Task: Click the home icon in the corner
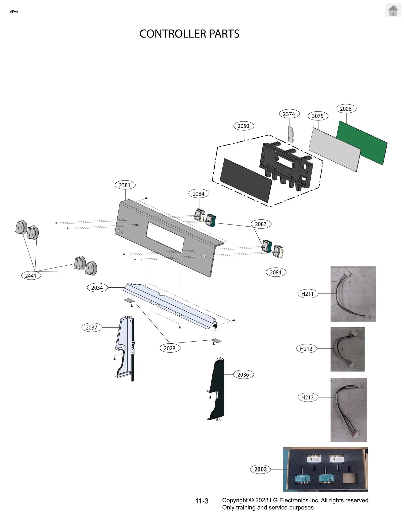click(x=393, y=11)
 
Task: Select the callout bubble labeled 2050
click(x=243, y=126)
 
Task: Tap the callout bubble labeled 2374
click(x=289, y=114)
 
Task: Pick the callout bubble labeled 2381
click(x=125, y=185)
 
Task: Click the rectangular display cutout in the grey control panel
click(x=165, y=237)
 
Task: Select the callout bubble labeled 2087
click(x=261, y=224)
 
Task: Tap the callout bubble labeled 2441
click(x=31, y=276)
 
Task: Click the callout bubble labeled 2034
click(x=97, y=288)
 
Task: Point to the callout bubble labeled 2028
click(x=170, y=348)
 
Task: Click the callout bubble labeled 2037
click(x=92, y=328)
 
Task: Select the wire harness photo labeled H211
click(x=353, y=293)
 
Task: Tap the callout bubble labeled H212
click(x=306, y=349)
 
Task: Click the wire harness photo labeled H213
click(x=348, y=410)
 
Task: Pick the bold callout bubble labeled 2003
click(x=260, y=469)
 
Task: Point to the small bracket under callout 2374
click(x=291, y=135)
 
